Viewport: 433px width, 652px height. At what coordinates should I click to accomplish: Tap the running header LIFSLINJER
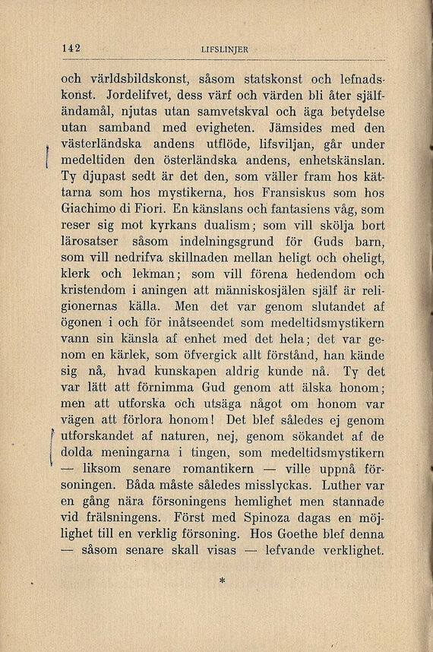pyautogui.click(x=226, y=50)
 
